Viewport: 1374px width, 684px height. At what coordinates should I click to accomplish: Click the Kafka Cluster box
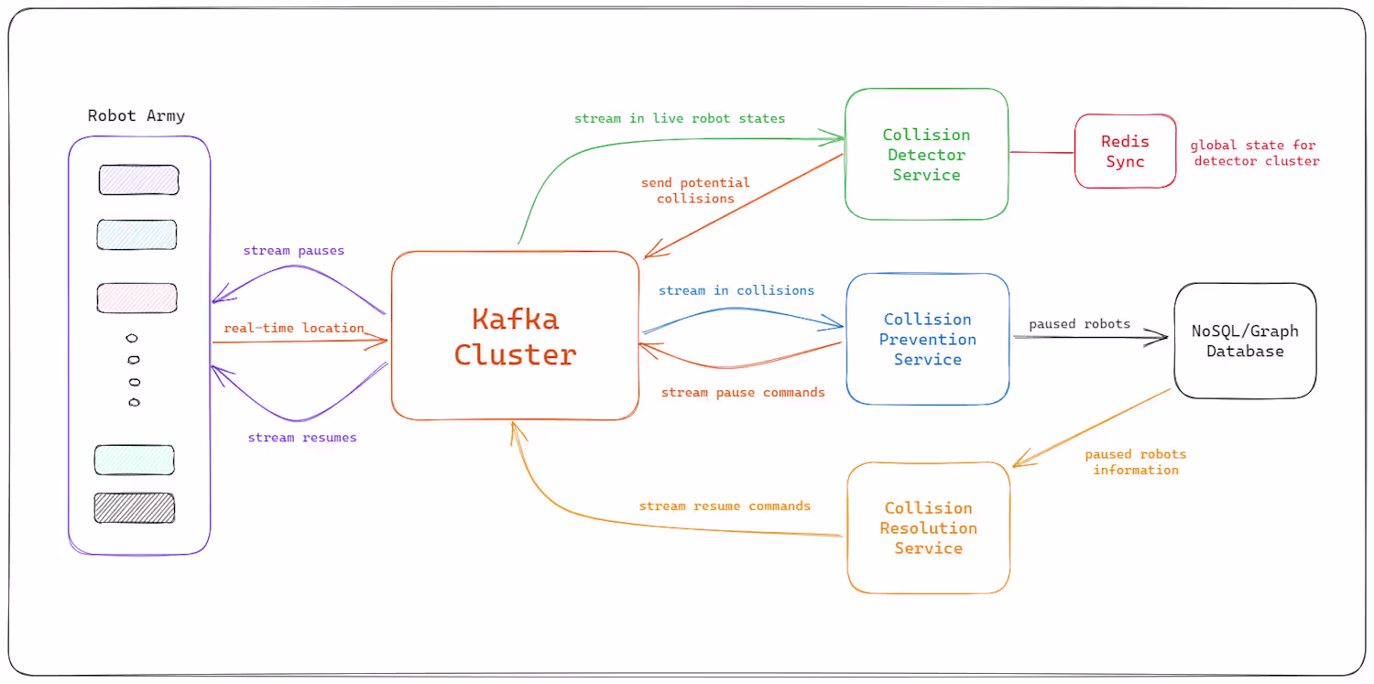click(515, 335)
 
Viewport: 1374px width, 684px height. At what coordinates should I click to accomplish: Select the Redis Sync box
click(1125, 151)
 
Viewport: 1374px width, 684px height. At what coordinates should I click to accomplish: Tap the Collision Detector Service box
click(926, 154)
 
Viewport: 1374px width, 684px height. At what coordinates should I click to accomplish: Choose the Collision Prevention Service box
click(927, 339)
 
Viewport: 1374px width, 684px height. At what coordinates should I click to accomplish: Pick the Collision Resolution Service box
click(928, 527)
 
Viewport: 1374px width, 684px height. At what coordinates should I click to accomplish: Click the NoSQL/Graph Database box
click(1245, 341)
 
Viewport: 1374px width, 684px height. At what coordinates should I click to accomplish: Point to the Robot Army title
click(136, 115)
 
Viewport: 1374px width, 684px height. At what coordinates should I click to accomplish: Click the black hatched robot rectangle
click(135, 508)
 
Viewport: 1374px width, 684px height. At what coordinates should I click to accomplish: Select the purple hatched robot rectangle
click(138, 180)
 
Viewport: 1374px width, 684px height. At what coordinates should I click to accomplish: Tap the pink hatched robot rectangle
click(137, 298)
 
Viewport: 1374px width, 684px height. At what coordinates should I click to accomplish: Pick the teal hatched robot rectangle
click(135, 460)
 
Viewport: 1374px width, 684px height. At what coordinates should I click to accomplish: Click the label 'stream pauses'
click(293, 250)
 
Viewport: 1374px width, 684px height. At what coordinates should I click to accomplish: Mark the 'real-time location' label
click(294, 328)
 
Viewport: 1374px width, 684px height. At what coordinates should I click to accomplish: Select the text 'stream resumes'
click(302, 438)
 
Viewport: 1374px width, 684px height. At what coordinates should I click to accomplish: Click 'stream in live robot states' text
click(680, 118)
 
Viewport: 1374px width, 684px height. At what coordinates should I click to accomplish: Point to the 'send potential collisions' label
click(695, 190)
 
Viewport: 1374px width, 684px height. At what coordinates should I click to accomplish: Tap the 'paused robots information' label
click(1136, 461)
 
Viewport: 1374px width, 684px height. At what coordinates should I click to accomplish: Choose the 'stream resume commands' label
click(725, 505)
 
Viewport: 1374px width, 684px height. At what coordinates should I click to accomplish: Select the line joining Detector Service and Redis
click(1041, 153)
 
